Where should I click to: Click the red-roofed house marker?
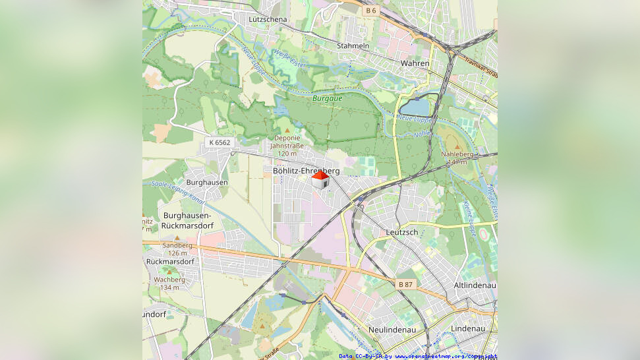[x=320, y=180]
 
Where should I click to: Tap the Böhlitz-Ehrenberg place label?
[x=306, y=171]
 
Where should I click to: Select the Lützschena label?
[x=268, y=20]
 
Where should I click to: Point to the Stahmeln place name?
[x=353, y=46]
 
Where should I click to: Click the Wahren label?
[x=415, y=63]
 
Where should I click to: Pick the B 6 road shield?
[x=370, y=11]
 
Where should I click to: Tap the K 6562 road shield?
[x=219, y=142]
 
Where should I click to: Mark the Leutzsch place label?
[x=402, y=232]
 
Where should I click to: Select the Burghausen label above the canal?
[x=207, y=182]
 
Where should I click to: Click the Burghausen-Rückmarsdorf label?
[x=187, y=220]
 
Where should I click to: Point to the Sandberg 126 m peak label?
[x=177, y=249]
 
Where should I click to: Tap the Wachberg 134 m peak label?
[x=169, y=283]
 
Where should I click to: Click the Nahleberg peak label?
[x=457, y=157]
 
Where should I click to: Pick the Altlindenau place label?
[x=475, y=285]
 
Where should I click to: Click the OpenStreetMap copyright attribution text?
[x=418, y=356]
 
